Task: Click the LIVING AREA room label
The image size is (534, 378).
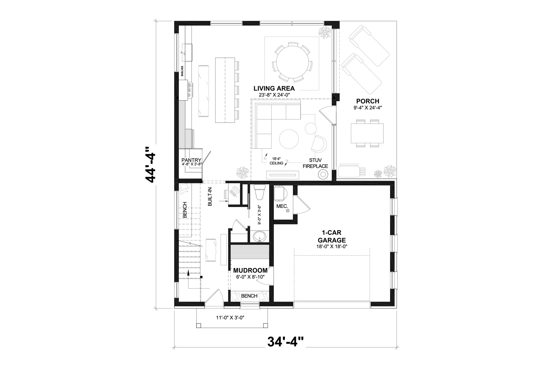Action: [274, 88]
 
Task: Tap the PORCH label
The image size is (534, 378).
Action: [368, 101]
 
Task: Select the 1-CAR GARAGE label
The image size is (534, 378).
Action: [332, 236]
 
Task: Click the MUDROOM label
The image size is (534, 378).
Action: [250, 270]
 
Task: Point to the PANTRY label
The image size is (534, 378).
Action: [191, 160]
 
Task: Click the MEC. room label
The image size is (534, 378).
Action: [282, 206]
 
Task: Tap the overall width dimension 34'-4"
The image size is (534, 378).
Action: [286, 341]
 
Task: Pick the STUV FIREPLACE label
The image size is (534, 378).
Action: [315, 163]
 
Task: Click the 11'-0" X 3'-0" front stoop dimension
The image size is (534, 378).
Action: [230, 318]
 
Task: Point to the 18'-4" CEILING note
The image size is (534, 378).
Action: [276, 161]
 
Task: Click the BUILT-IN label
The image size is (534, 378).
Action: [210, 196]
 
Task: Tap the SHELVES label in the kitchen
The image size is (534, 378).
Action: [183, 71]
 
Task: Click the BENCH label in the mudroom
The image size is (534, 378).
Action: [249, 296]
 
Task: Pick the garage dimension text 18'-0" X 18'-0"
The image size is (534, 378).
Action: [331, 246]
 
